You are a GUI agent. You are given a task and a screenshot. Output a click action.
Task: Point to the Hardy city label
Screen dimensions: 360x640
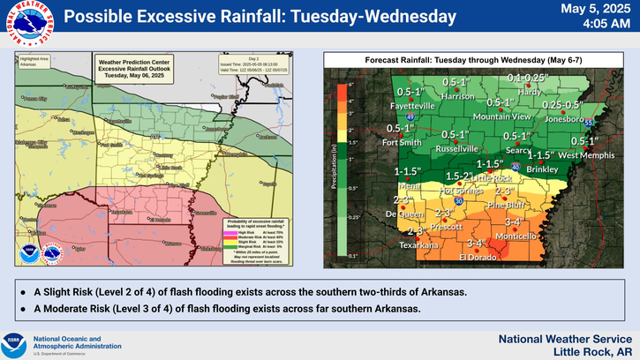click(x=530, y=91)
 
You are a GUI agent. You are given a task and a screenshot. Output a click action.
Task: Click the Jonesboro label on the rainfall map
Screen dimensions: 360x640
click(x=566, y=118)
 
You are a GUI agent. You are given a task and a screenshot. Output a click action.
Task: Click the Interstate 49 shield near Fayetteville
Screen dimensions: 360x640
click(x=410, y=116)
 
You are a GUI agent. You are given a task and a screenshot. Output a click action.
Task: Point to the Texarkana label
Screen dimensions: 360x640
click(x=418, y=245)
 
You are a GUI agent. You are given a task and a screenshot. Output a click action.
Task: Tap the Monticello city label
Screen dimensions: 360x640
click(x=515, y=236)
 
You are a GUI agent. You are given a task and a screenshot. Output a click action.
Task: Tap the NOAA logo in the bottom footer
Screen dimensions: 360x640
click(x=13, y=342)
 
